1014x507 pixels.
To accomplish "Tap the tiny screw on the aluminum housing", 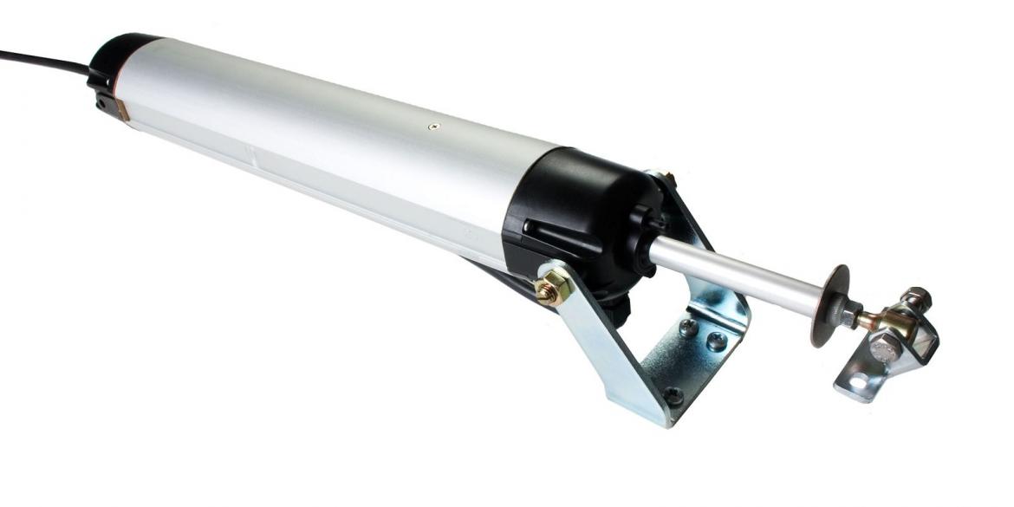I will point(434,127).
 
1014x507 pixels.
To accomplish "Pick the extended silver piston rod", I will point(737,274).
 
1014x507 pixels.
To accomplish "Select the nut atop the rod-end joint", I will point(916,299).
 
